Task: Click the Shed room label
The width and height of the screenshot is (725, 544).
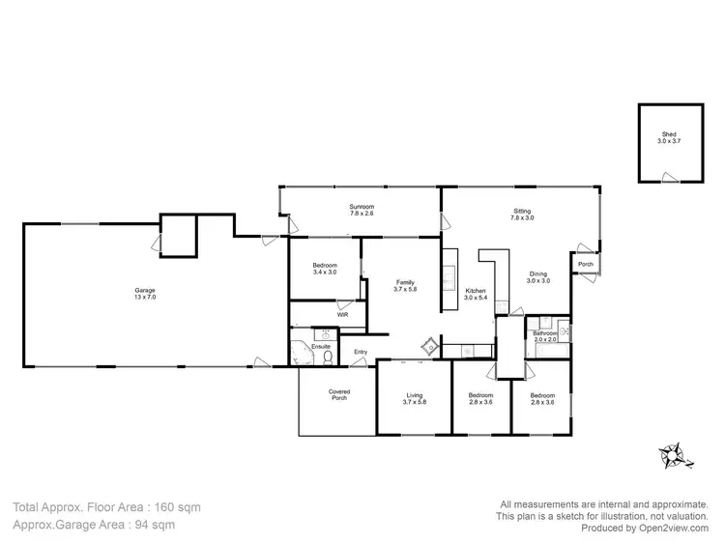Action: (669, 138)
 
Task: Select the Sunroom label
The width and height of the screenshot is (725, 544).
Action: (362, 210)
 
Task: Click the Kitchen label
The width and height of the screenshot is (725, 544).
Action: (476, 294)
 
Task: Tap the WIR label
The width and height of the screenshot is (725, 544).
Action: (342, 315)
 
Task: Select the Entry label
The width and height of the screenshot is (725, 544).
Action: (361, 352)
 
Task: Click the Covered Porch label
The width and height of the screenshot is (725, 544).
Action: (339, 394)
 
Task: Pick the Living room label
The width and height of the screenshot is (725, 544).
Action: (414, 398)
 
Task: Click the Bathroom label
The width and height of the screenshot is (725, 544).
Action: (545, 337)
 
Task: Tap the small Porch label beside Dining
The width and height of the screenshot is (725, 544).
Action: (586, 264)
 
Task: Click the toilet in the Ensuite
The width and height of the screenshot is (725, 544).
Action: (329, 357)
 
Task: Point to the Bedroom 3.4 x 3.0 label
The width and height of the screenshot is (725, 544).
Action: (325, 270)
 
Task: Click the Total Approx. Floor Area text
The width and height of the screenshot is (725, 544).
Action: (107, 506)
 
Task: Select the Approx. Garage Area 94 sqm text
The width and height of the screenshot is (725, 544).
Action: (94, 525)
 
